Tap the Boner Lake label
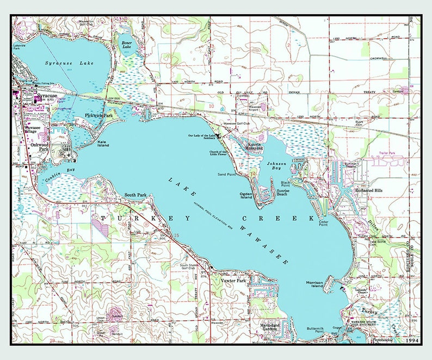click(x=126, y=45)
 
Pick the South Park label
click(x=135, y=194)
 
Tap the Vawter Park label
click(x=234, y=281)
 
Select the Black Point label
click(x=285, y=184)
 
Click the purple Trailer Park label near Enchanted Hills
click(x=382, y=154)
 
